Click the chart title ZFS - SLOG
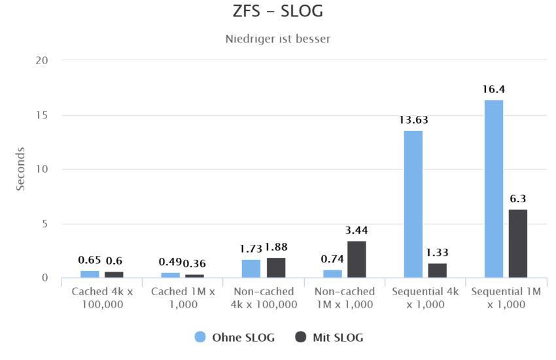pos(278,12)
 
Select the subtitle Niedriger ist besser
pos(278,39)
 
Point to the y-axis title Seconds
pos(20,169)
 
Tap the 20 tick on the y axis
pos(42,60)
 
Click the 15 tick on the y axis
pos(42,115)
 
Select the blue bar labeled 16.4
pos(494,189)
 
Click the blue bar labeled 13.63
pos(413,204)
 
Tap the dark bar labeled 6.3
pos(518,243)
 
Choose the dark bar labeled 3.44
pos(356,259)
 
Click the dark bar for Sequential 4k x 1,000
pos(437,270)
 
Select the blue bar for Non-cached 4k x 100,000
pos(251,268)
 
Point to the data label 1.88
pos(276,247)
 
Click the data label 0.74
pos(332,259)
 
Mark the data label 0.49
pos(171,262)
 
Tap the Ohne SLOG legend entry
pos(235,337)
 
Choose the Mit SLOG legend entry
pos(328,337)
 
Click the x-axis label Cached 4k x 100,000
pos(102,298)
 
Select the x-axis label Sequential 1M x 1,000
pos(506,298)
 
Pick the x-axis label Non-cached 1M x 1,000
pos(345,298)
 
